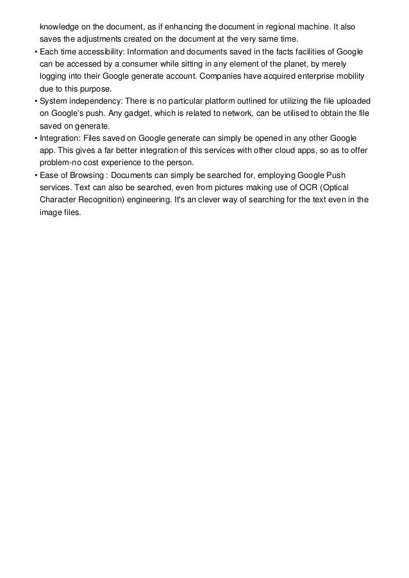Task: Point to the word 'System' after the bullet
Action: click(x=54, y=102)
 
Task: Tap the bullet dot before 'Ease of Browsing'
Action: click(x=35, y=175)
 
